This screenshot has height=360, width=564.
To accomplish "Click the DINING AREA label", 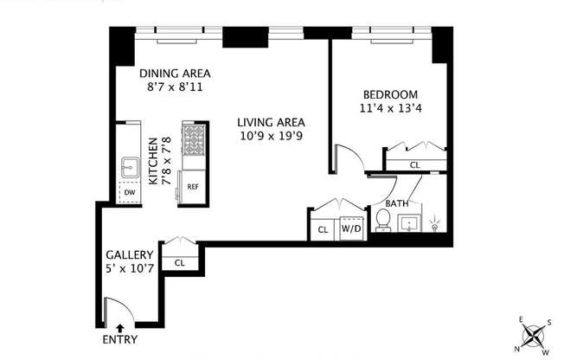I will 176,73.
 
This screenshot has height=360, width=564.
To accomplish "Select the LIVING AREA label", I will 272,122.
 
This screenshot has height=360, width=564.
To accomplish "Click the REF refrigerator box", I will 191,185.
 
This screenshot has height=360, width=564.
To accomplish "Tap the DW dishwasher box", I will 130,192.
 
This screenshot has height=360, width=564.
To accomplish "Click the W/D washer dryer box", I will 351,229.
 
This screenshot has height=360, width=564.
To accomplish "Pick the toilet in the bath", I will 382,222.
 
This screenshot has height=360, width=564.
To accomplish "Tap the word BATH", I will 397,204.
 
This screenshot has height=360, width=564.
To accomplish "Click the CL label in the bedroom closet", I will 414,164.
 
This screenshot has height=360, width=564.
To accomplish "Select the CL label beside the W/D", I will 323,230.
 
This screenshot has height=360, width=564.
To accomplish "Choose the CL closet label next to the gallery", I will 180,262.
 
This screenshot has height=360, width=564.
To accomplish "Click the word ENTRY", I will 119,339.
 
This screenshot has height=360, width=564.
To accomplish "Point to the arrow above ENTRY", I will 119,327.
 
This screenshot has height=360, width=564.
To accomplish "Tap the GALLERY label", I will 130,255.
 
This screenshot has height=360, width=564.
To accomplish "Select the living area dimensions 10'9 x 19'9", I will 272,137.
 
